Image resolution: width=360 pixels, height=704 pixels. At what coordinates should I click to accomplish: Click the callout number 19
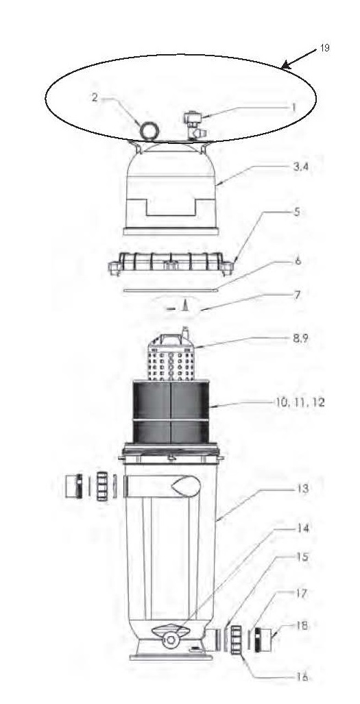[x=324, y=48]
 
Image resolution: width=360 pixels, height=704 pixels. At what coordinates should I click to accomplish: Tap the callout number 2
[x=95, y=97]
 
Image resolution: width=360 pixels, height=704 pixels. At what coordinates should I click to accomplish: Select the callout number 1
[x=293, y=108]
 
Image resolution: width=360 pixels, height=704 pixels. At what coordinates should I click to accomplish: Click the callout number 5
[x=298, y=211]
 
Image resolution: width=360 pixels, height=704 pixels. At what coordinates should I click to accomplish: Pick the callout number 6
[x=298, y=261]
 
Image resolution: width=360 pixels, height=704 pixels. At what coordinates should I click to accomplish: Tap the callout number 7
[x=298, y=295]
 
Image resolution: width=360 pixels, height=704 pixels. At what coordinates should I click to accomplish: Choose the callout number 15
[x=304, y=557]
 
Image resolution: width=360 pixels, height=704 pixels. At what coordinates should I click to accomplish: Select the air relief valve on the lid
[x=194, y=126]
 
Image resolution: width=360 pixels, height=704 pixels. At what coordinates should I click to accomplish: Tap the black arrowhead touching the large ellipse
[x=287, y=66]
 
